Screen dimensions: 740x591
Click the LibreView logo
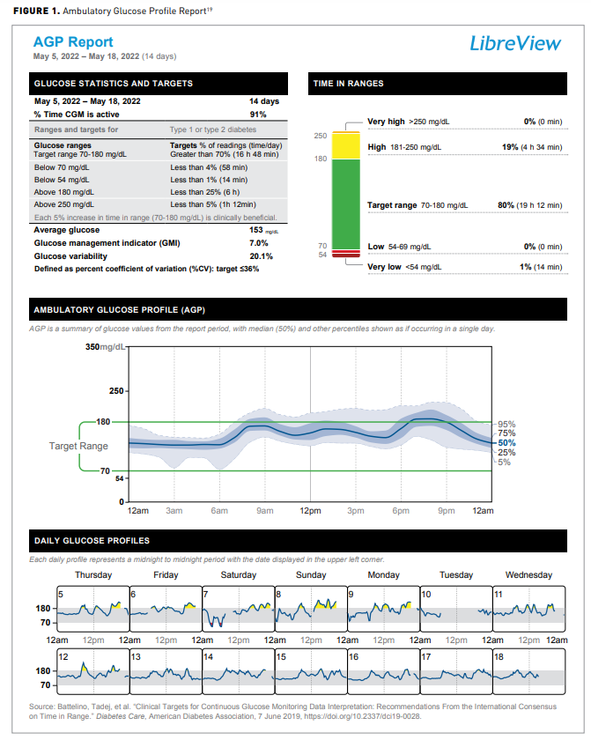click(515, 43)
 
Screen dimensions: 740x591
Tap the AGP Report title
click(73, 41)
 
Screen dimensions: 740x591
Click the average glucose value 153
click(257, 229)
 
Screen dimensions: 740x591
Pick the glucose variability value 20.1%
click(262, 255)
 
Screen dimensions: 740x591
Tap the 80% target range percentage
click(506, 205)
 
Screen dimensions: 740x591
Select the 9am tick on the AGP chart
click(264, 510)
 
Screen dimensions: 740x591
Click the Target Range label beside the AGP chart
click(78, 447)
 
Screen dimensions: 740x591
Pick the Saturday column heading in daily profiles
click(238, 575)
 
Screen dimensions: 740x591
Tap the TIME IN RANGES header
click(349, 84)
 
